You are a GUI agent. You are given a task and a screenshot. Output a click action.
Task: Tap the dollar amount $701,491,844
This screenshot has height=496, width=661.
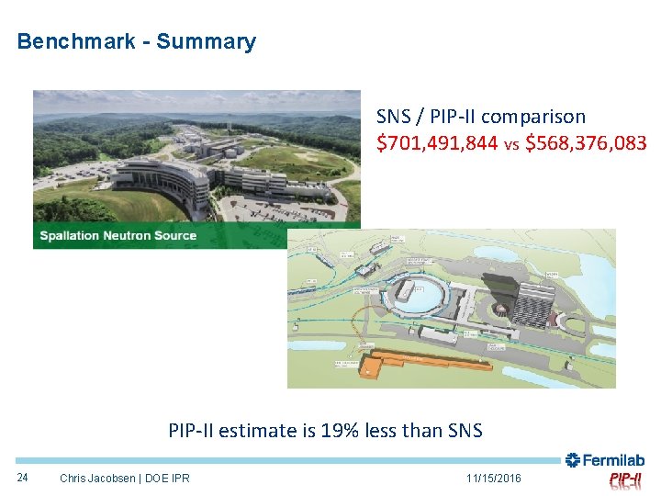(x=437, y=143)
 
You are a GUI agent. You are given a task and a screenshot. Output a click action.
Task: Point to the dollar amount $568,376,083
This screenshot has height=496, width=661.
(x=586, y=143)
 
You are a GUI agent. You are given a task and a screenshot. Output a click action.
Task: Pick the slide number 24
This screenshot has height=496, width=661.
(x=23, y=477)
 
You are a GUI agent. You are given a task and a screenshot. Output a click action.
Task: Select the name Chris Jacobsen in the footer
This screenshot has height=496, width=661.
(x=99, y=478)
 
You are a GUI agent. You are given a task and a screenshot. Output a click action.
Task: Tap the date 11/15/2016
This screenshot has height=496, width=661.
(x=493, y=478)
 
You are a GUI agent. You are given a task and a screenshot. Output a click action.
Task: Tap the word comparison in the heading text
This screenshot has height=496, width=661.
(x=532, y=117)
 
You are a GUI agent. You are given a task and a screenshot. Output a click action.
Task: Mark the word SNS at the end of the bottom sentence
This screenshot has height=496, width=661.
(x=463, y=430)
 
